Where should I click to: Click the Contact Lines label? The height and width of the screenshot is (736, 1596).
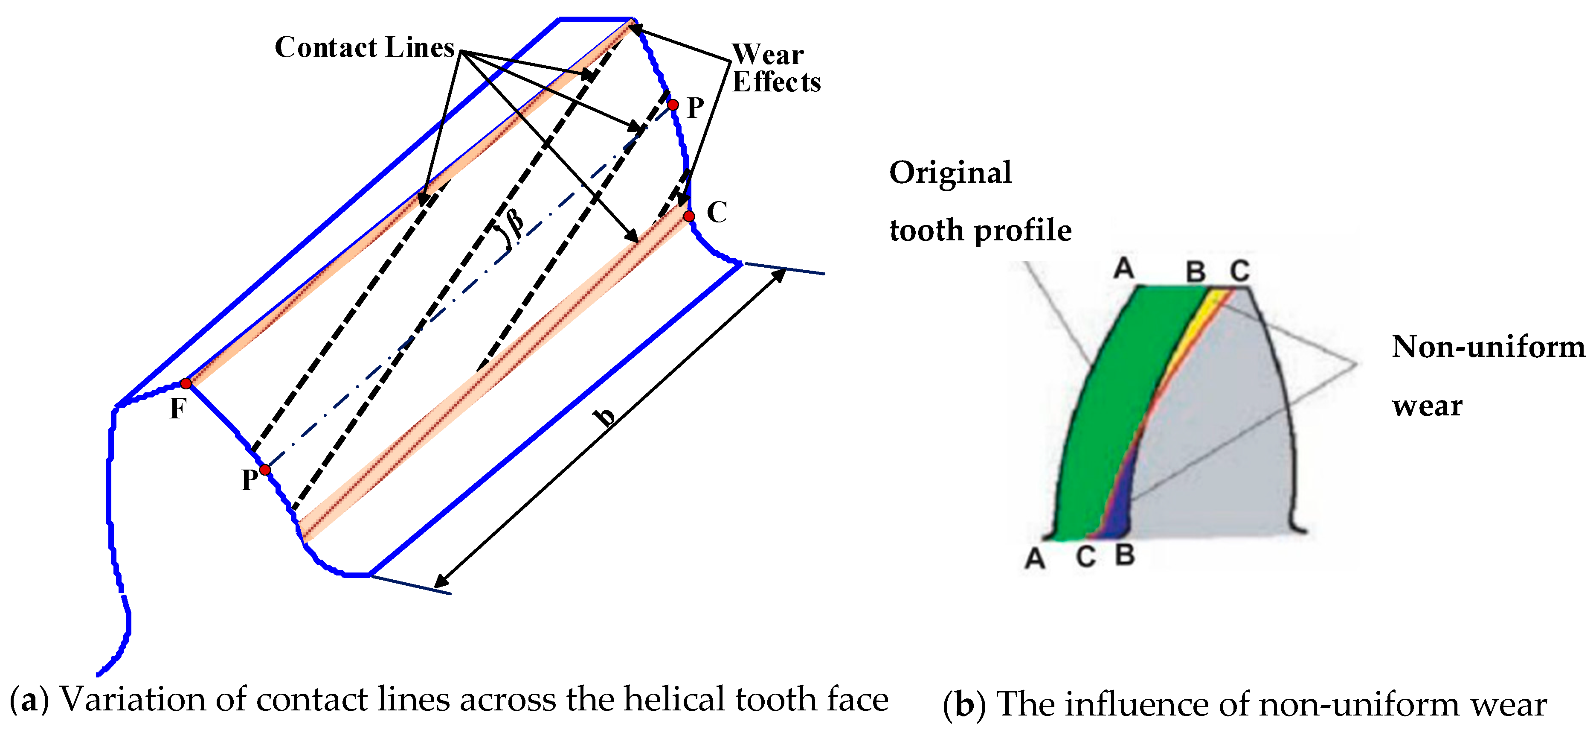tap(364, 48)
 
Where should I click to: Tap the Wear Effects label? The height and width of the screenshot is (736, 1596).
tap(776, 68)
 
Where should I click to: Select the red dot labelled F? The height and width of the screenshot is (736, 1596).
tap(186, 384)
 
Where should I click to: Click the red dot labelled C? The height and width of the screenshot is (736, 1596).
tap(689, 216)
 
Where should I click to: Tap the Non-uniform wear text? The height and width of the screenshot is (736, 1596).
tap(1487, 376)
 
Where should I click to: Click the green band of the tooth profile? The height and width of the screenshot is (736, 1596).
tap(1109, 403)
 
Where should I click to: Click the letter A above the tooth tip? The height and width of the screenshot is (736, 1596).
tap(1123, 269)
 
